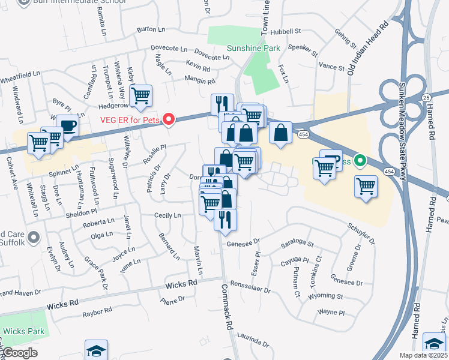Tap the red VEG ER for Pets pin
click(169, 120)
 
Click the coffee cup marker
click(67, 126)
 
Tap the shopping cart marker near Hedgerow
click(140, 94)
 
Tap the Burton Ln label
click(151, 29)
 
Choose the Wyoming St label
click(325, 296)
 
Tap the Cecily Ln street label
click(167, 215)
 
